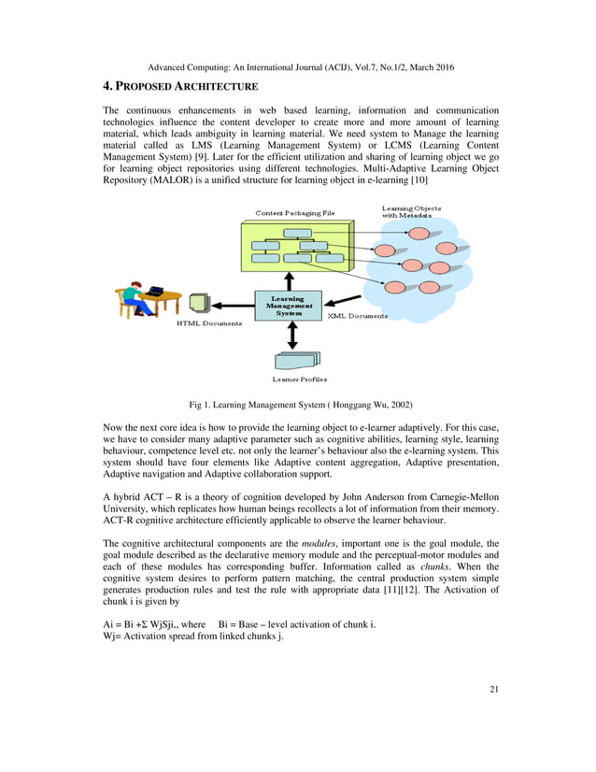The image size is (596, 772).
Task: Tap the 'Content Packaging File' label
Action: coord(295,214)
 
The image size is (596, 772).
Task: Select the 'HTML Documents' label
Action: coord(209,324)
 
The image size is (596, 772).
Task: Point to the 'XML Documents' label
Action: coord(358,317)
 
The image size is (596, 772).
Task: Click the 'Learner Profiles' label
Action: coord(299,379)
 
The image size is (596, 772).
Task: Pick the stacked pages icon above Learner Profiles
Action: coord(297,360)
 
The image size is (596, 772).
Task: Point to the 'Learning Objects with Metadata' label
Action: coord(412,211)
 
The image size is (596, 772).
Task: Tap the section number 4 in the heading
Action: coord(107,87)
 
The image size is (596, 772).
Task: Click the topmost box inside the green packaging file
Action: coord(298,233)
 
